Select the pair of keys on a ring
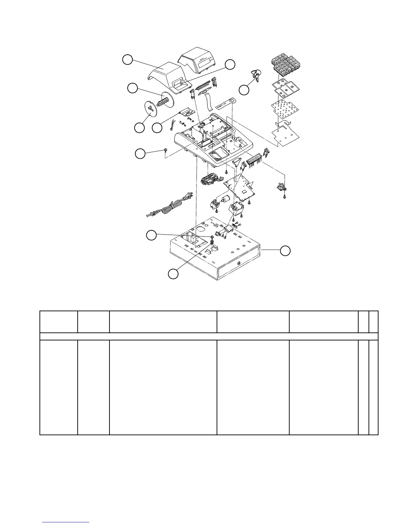tap(256, 76)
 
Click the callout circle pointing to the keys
tap(244, 90)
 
